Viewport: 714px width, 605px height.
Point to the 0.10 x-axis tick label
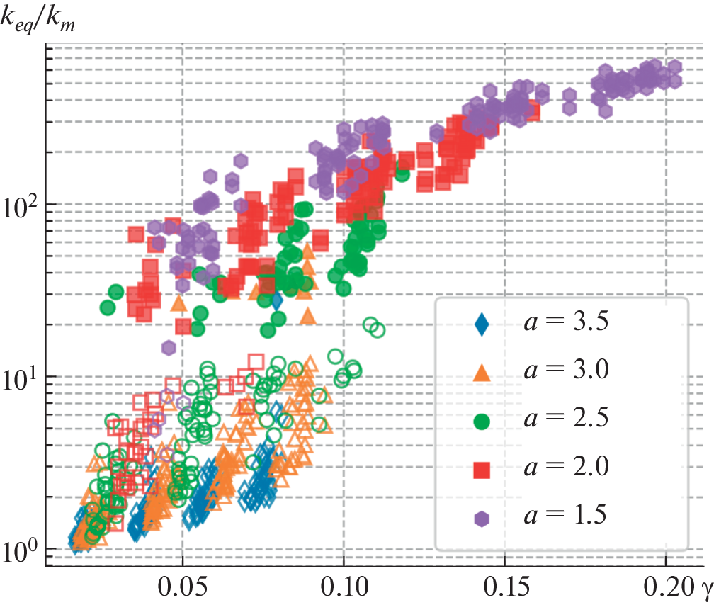click(344, 588)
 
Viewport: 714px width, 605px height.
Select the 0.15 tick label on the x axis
click(504, 588)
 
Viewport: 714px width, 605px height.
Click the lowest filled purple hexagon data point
click(169, 347)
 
